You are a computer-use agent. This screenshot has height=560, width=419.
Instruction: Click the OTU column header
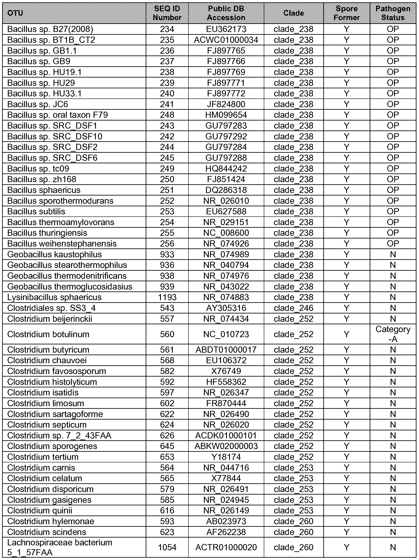click(15, 13)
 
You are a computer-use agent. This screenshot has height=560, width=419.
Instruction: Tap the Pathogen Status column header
click(393, 13)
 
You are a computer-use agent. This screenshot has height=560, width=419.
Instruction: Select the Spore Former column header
click(346, 13)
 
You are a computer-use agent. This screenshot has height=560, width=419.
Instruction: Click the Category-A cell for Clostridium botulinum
click(393, 334)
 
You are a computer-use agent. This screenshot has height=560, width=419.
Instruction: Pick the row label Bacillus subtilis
click(36, 211)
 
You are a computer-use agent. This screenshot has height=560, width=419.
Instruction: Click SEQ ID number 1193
click(167, 297)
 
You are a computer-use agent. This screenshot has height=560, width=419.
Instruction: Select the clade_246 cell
click(293, 308)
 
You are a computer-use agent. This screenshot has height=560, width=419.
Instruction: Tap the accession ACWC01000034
click(226, 40)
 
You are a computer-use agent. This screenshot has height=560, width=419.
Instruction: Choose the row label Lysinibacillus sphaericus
click(54, 297)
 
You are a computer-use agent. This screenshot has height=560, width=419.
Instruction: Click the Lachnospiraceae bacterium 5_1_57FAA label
click(60, 547)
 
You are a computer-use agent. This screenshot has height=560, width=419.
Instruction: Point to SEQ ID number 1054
click(167, 547)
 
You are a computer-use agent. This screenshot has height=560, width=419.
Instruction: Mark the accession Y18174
click(226, 457)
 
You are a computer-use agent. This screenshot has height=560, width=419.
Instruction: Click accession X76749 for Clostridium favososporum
click(226, 371)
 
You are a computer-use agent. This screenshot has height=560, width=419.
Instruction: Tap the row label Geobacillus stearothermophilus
click(67, 265)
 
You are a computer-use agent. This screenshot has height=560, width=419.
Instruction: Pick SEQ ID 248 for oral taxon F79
click(167, 115)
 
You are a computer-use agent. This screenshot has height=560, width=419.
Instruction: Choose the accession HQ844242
click(226, 169)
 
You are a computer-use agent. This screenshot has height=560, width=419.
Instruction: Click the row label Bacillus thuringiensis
click(47, 233)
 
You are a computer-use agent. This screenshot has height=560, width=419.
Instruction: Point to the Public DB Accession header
click(226, 13)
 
